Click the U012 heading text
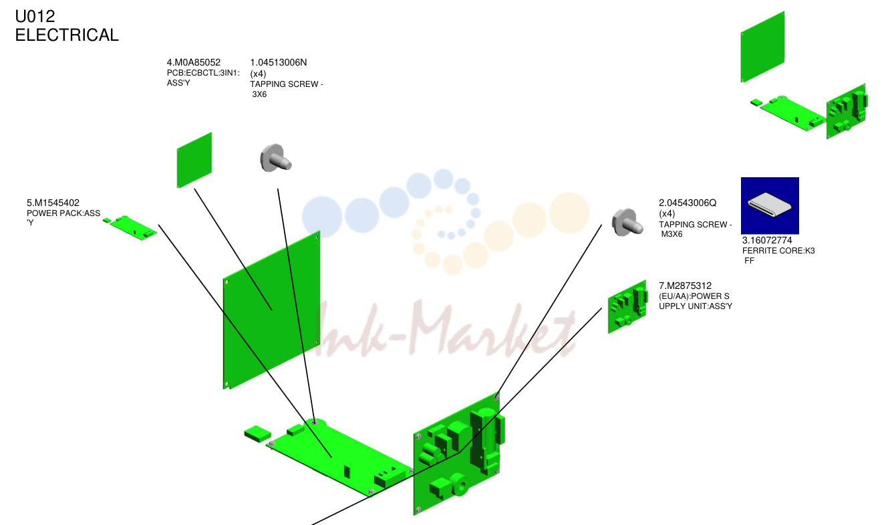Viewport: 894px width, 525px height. tap(35, 16)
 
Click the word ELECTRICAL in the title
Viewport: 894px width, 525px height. tap(67, 35)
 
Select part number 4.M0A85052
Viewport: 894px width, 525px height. tap(194, 62)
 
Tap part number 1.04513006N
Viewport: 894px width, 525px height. tap(279, 62)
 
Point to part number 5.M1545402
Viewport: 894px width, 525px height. tap(53, 203)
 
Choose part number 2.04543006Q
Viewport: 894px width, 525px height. tap(688, 203)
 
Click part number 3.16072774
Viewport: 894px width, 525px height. tap(767, 240)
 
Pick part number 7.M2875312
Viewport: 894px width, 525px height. tap(686, 286)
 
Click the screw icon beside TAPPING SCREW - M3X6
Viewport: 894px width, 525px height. tap(627, 223)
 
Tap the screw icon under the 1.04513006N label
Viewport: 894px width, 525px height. tap(275, 159)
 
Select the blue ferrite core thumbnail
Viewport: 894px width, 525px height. tap(770, 205)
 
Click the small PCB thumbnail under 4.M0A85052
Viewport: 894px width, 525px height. tap(194, 161)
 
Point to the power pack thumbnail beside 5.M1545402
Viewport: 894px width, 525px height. tap(130, 227)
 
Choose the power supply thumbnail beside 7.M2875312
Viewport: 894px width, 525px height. tap(627, 307)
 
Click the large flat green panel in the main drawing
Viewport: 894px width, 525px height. tap(272, 310)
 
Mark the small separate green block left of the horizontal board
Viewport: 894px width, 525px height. tap(258, 434)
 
